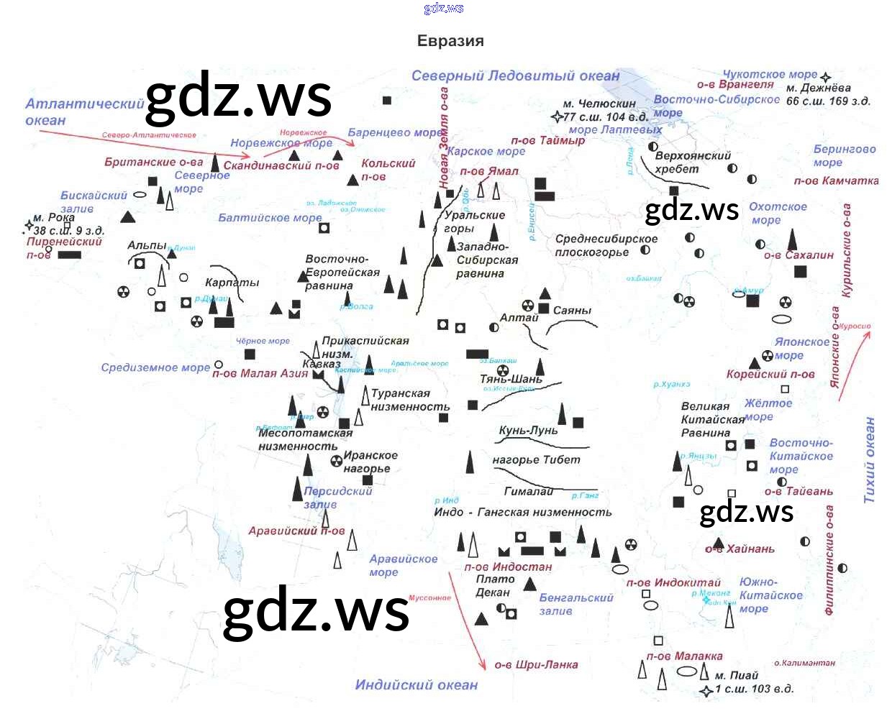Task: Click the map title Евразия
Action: tap(450, 41)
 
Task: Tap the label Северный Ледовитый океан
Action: tap(515, 76)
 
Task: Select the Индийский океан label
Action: tap(416, 685)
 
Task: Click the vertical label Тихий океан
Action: tap(870, 460)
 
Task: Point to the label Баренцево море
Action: tap(395, 132)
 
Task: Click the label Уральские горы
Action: tap(473, 221)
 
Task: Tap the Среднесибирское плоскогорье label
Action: tap(606, 245)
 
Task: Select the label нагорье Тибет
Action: tap(536, 460)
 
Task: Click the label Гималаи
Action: tap(529, 492)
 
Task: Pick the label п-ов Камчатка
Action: tap(836, 181)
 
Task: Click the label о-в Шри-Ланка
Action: tap(536, 665)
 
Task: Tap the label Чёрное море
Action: tap(263, 341)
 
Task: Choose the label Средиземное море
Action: tap(155, 368)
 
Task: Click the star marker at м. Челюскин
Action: tap(557, 117)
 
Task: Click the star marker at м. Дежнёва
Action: tap(825, 77)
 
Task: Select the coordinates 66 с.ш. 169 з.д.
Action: tap(828, 101)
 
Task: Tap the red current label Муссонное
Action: tap(429, 598)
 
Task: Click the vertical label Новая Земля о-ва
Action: tap(444, 137)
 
